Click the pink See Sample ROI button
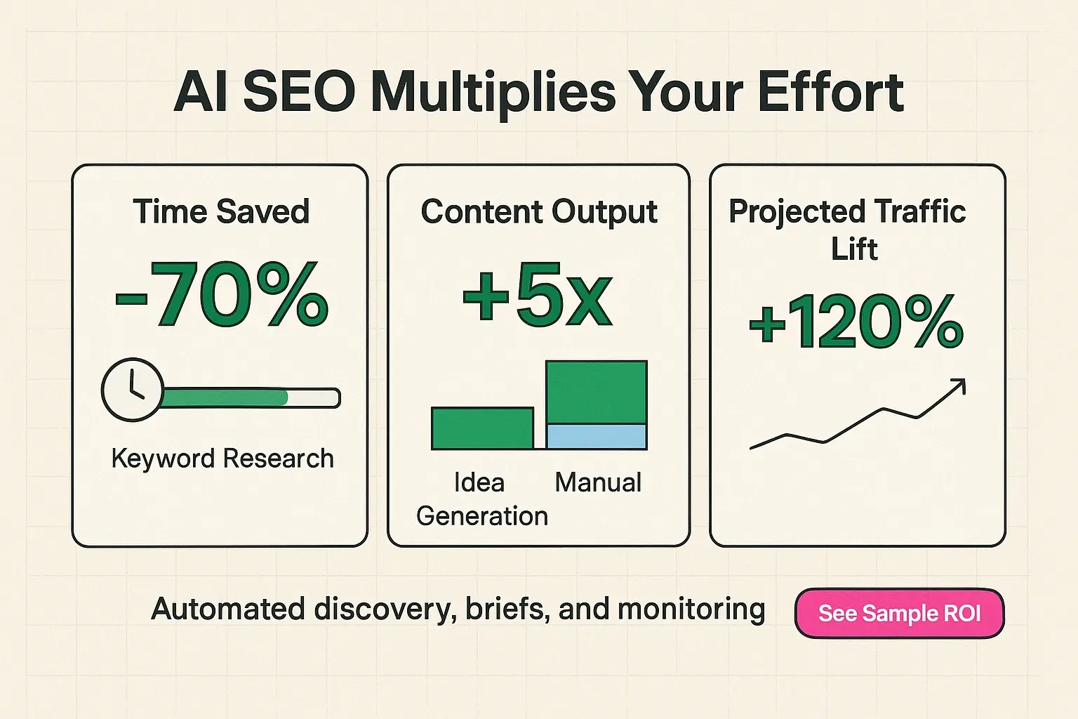click(899, 613)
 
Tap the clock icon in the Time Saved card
click(133, 390)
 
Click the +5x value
click(538, 296)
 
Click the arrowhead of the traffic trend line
click(959, 386)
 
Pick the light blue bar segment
click(596, 437)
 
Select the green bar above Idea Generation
click(482, 428)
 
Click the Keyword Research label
click(222, 459)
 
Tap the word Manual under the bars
click(598, 482)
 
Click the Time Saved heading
click(221, 211)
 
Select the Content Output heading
click(539, 211)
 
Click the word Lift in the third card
click(854, 249)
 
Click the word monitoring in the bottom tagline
click(691, 609)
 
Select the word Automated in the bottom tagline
click(229, 609)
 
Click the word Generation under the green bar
click(482, 516)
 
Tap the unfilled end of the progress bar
click(314, 398)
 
